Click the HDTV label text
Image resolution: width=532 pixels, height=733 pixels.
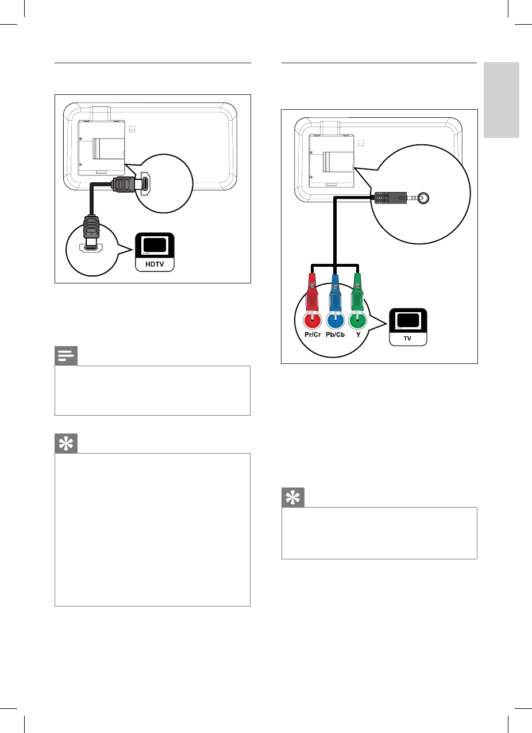154,264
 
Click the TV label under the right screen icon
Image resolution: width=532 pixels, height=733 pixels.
408,339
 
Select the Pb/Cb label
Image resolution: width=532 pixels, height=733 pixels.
335,334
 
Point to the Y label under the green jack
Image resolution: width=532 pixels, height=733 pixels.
358,334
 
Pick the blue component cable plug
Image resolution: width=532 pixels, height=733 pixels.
335,290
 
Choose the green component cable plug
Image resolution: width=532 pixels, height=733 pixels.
358,290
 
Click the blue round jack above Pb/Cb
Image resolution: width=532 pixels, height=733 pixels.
335,319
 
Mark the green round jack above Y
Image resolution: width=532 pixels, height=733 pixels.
358,319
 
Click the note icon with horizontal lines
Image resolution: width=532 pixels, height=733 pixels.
66,357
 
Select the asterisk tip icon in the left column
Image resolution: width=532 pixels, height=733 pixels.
66,444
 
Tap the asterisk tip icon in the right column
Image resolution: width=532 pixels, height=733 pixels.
293,498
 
